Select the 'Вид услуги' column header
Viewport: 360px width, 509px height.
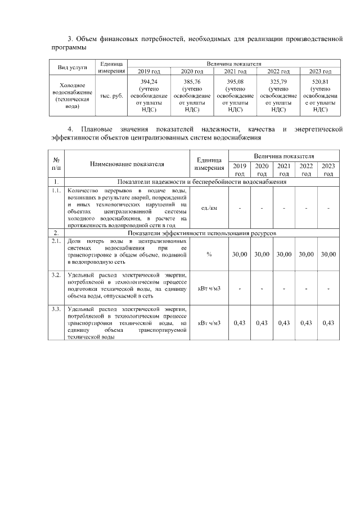click(x=73, y=67)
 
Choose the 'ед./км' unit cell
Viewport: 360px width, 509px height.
click(x=209, y=209)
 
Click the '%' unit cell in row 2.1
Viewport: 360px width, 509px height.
click(x=209, y=255)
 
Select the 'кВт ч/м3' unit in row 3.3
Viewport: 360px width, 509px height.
click(x=209, y=323)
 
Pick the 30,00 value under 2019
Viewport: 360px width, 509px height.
click(x=240, y=255)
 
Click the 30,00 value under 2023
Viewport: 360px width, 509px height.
click(x=328, y=255)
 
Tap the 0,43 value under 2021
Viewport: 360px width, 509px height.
click(x=284, y=323)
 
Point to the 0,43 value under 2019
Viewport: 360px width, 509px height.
click(x=240, y=323)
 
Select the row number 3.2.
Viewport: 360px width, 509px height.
click(x=56, y=275)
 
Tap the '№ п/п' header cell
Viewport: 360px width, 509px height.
click(x=56, y=164)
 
